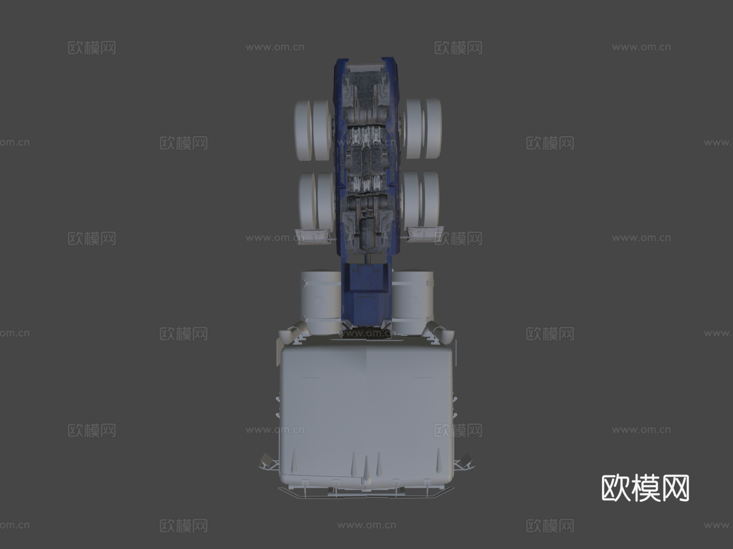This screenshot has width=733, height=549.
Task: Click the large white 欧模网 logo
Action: click(645, 488)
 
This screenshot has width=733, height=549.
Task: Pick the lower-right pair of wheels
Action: click(420, 200)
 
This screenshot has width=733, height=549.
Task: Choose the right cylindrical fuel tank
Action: click(413, 301)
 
